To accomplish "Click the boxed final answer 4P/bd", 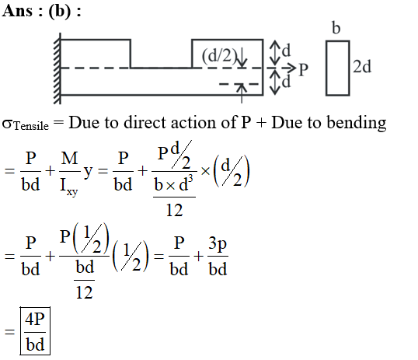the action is (x=35, y=331).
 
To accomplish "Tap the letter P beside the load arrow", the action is (x=303, y=70).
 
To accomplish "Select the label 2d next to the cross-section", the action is (x=362, y=66).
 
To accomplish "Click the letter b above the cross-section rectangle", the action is (x=336, y=28).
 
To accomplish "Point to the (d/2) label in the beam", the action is (x=219, y=55).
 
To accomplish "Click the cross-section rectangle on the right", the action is (x=338, y=68).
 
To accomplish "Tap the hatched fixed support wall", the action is (x=57, y=68).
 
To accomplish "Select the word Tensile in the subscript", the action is (x=31, y=126).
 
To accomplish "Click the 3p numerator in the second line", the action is (x=218, y=244).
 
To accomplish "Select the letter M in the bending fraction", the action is (x=69, y=158).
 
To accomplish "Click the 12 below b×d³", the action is (x=174, y=210).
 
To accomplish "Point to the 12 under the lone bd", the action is (x=84, y=292).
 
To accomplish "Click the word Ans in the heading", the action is (x=17, y=11).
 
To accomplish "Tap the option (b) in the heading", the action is (x=60, y=12).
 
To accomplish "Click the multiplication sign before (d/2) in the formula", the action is (x=205, y=171).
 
